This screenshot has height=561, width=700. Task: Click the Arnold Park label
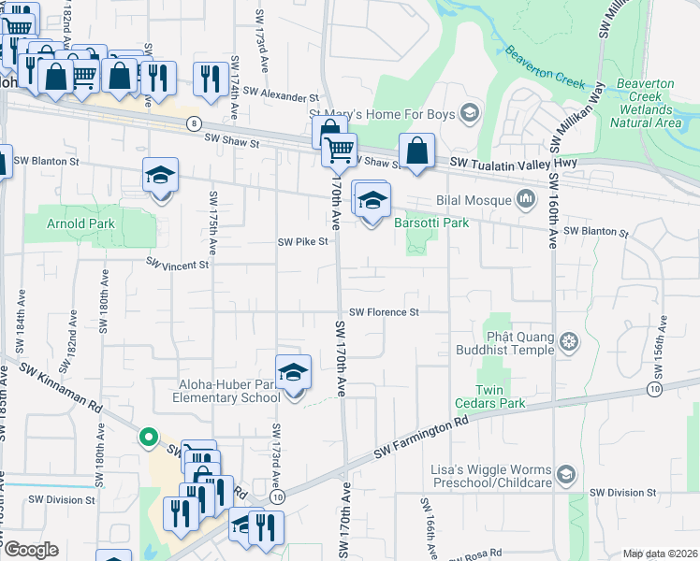point(82,223)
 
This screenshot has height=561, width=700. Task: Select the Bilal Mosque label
point(474,199)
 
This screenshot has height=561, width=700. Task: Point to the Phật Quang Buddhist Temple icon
point(568,343)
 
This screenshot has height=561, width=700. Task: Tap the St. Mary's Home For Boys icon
point(470,115)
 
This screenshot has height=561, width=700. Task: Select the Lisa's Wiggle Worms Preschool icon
point(565,475)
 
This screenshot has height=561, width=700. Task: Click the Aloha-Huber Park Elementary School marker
point(294,373)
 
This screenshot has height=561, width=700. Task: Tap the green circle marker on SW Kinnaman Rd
point(148,437)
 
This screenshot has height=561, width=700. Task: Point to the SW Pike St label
point(303,241)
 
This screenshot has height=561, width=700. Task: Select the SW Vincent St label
point(177,266)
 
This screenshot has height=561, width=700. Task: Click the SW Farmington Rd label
point(421,438)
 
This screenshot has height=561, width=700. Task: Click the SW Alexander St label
point(281,96)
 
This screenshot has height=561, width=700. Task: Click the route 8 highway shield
point(194,122)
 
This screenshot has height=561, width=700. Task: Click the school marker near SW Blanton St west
point(160,176)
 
